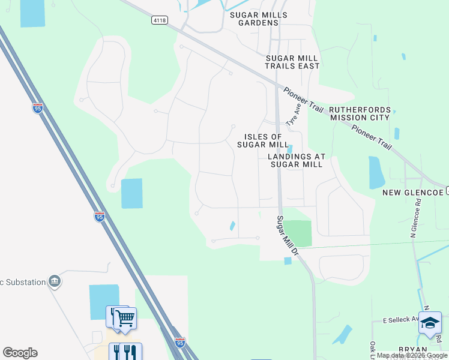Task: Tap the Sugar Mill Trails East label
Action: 292,62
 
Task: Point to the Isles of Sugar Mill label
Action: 263,140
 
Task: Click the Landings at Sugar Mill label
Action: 297,160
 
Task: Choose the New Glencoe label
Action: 413,192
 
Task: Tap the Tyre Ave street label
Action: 294,113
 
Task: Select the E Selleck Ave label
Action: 400,319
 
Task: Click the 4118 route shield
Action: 160,20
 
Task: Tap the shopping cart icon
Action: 125,319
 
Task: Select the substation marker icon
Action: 55,281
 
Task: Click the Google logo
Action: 20,353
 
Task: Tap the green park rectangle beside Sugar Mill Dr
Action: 297,233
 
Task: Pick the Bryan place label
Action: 412,350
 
